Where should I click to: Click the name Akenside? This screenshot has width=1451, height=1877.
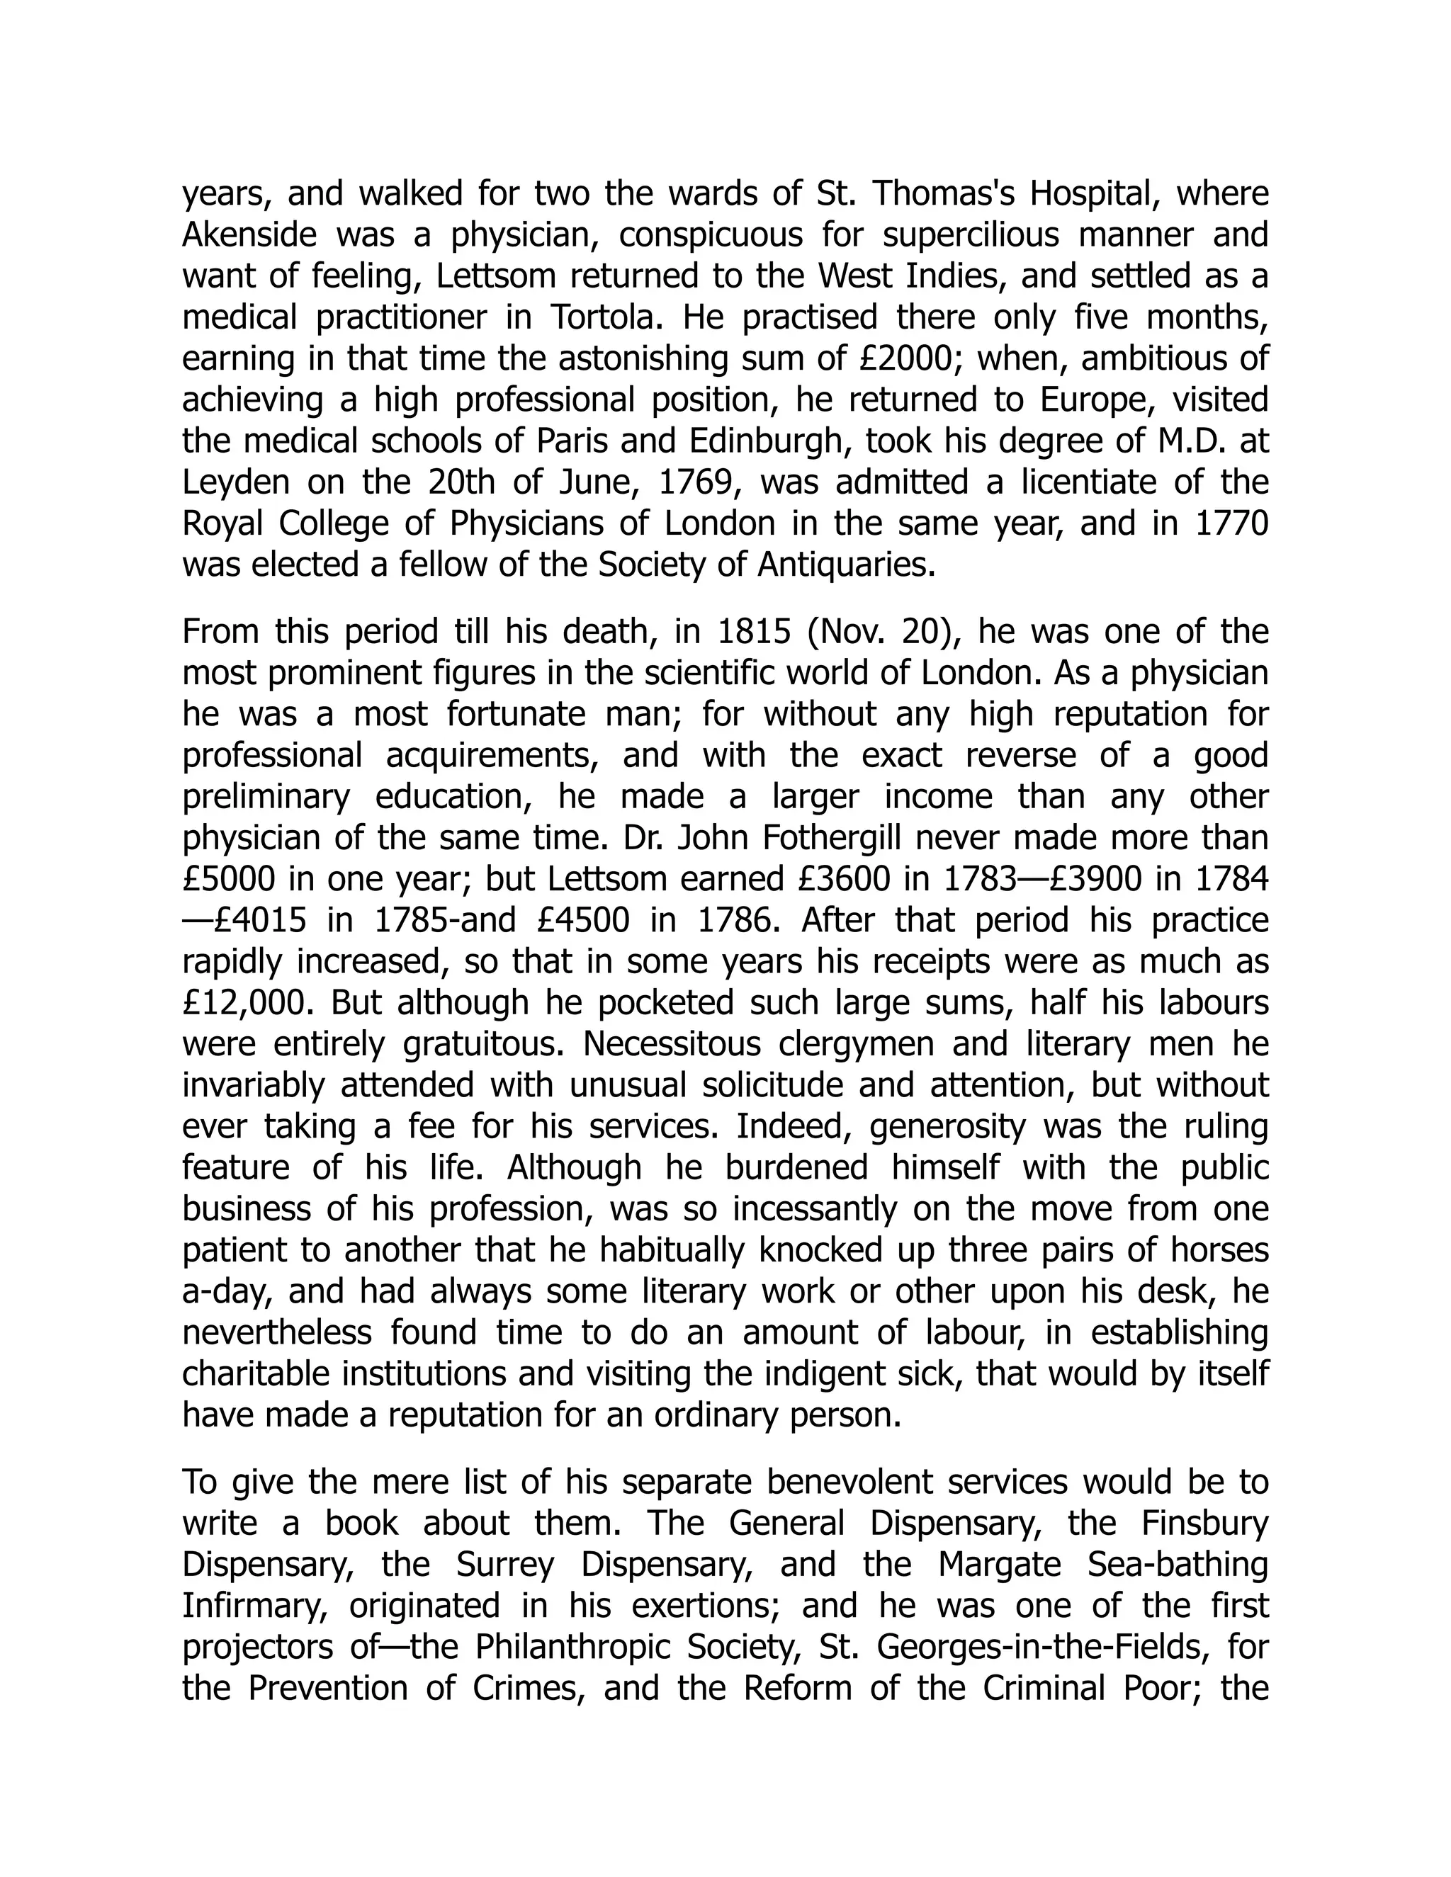coord(249,234)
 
